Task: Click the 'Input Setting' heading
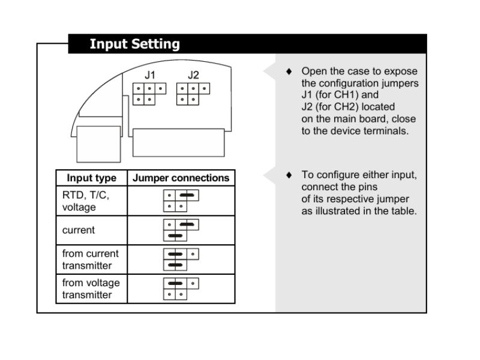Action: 134,44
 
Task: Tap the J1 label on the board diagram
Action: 149,76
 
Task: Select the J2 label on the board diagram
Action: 193,76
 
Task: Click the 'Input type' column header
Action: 91,178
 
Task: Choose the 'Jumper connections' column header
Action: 181,178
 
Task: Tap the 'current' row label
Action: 79,230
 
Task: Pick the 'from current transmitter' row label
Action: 90,259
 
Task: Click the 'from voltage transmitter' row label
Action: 91,289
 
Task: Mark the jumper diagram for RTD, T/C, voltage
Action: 181,201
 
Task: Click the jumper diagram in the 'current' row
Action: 181,230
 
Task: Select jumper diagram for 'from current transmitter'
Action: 181,259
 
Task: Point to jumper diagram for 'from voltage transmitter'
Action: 181,289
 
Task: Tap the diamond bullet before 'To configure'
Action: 289,175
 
